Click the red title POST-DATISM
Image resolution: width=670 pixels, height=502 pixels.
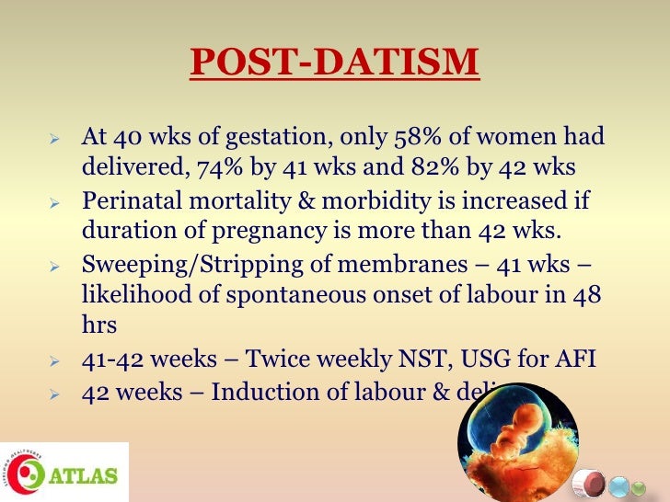334,63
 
